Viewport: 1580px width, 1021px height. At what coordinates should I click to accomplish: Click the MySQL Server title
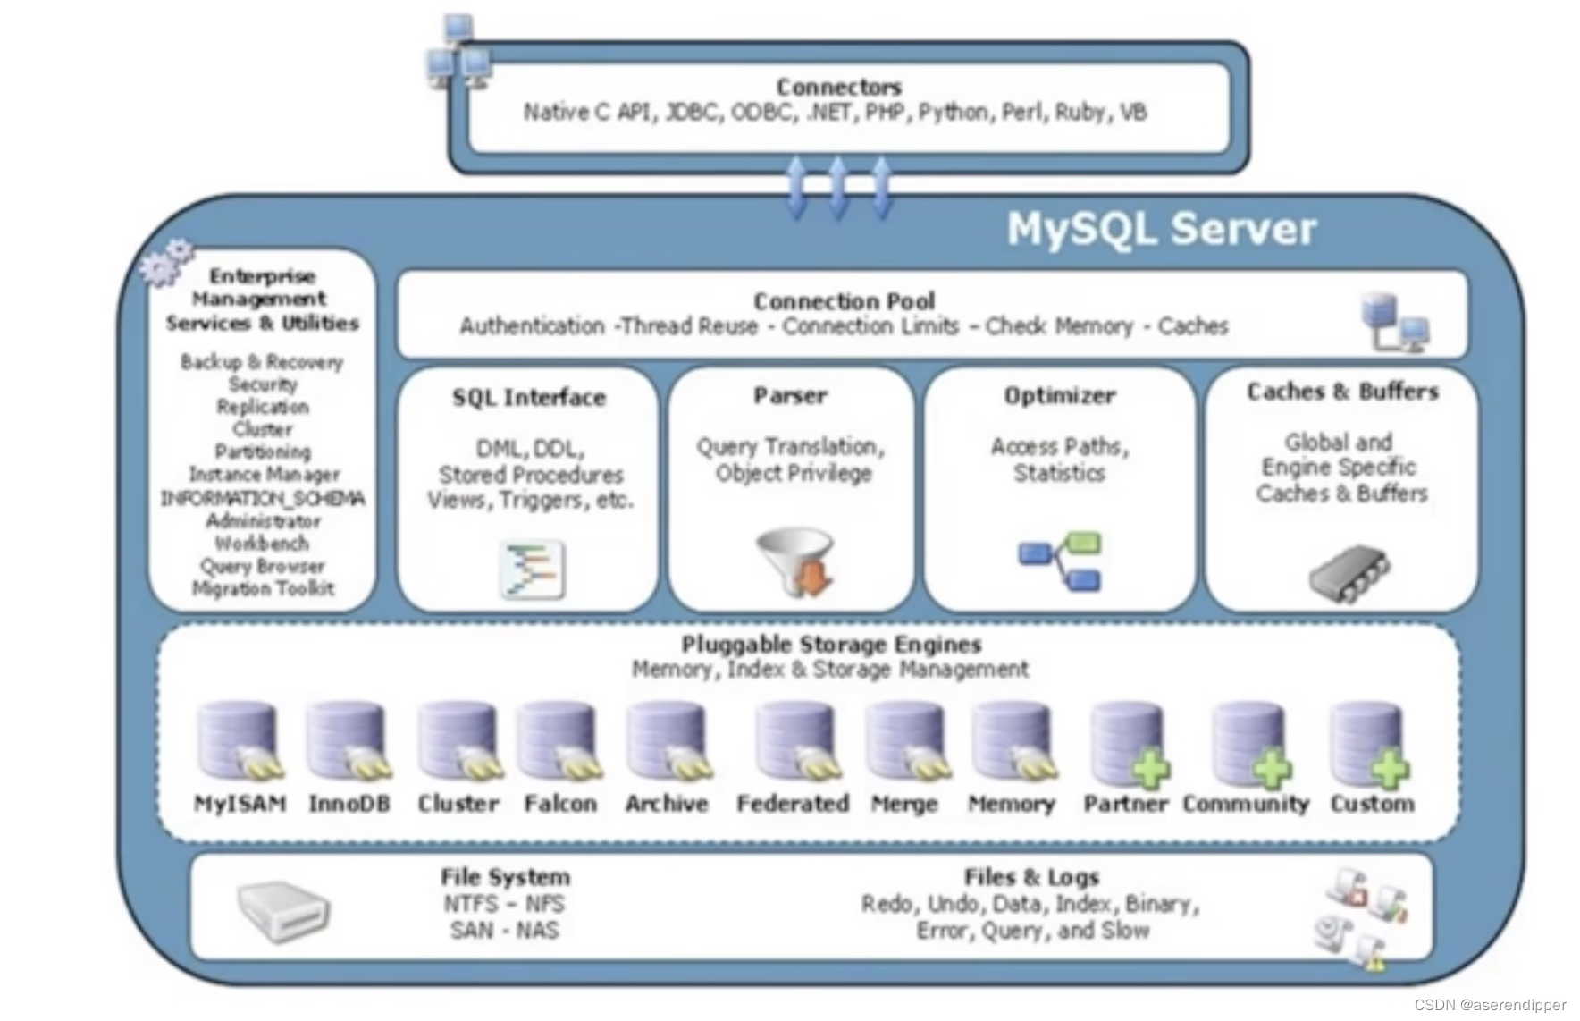coord(1161,229)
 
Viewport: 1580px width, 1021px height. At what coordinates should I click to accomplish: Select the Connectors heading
coord(838,87)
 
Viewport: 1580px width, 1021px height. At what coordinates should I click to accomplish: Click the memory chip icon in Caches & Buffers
coord(1349,572)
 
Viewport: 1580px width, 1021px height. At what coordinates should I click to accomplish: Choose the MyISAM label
coord(240,804)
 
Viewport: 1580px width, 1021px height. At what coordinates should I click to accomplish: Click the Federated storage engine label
coord(792,804)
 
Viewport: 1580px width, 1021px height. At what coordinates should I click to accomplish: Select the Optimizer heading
coord(1059,395)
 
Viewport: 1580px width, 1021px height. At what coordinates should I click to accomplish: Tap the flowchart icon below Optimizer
coord(1061,561)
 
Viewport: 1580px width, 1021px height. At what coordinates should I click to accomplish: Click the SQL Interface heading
coord(528,398)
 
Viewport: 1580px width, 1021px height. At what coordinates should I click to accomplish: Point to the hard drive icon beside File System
coord(283,910)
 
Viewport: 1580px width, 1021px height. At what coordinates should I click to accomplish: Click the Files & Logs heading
coord(1030,877)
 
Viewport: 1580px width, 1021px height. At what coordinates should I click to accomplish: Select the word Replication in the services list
coord(263,407)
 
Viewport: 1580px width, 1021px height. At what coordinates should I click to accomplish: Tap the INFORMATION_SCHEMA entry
coord(263,498)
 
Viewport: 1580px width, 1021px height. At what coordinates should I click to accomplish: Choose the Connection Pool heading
coord(844,301)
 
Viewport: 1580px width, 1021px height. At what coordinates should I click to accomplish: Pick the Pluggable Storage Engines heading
coord(831,644)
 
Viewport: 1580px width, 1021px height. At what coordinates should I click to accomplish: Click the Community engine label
coord(1245,804)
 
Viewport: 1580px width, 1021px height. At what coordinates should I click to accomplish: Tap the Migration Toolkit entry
coord(263,588)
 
